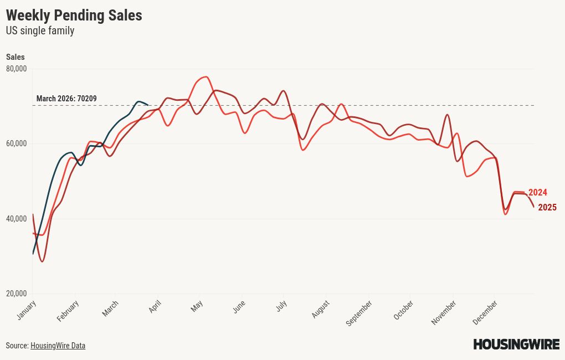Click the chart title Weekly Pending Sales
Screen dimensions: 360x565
coord(74,16)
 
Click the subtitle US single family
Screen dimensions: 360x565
coord(40,31)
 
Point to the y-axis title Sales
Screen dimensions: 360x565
coord(15,57)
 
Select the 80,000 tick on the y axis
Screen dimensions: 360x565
coord(16,69)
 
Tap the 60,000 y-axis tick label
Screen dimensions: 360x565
coord(16,143)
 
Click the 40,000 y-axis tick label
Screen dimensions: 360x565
coord(16,219)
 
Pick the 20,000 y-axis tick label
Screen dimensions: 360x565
coord(16,294)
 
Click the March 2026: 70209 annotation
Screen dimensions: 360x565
coord(66,99)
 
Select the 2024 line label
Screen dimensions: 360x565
coord(537,193)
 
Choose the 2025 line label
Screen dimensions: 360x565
coord(547,208)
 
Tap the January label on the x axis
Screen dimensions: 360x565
coord(27,310)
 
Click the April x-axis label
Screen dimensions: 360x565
coord(155,306)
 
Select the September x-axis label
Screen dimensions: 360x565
coord(359,313)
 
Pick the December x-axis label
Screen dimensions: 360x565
coord(486,312)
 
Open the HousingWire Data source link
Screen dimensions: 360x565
coord(58,346)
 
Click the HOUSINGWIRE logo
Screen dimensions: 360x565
coord(516,344)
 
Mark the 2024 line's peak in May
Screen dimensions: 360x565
coord(206,76)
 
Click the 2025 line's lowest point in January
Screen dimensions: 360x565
coord(42,261)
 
